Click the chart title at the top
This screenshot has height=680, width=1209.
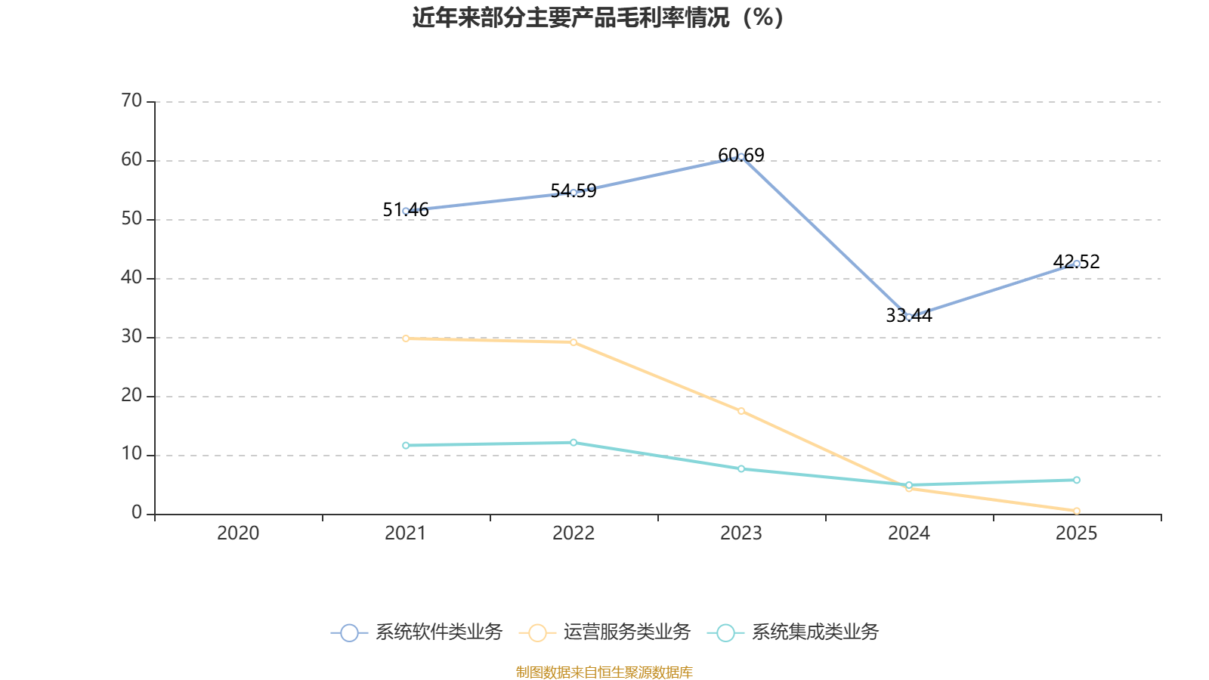click(x=598, y=17)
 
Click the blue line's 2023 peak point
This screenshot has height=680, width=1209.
click(x=741, y=156)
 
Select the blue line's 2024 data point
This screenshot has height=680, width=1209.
click(x=909, y=317)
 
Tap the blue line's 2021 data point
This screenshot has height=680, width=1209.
click(x=406, y=211)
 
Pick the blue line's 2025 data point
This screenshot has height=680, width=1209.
click(x=1077, y=264)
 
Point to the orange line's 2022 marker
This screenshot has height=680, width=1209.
click(x=574, y=342)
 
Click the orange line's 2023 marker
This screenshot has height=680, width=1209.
click(x=741, y=411)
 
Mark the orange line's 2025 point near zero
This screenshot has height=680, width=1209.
click(x=1077, y=511)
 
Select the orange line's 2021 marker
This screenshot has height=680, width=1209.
click(x=406, y=338)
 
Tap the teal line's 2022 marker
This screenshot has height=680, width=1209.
click(x=574, y=442)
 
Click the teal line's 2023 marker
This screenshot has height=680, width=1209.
click(x=741, y=469)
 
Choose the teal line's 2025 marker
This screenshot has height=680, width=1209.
click(x=1077, y=480)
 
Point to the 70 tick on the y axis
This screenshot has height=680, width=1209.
click(x=131, y=100)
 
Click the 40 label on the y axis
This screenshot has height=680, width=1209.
click(x=131, y=277)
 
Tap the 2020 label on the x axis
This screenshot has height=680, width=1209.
click(x=238, y=533)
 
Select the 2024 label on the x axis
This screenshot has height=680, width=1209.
click(x=909, y=533)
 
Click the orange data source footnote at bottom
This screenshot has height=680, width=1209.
click(x=604, y=672)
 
